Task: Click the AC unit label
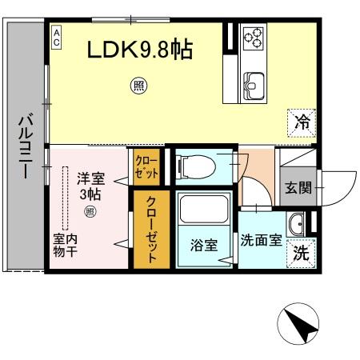[x=57, y=37]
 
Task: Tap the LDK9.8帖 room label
[x=139, y=50]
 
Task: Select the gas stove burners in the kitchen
[x=254, y=37]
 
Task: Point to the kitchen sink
[x=254, y=84]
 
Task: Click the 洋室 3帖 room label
[x=90, y=186]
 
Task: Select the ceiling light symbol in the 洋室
[x=90, y=212]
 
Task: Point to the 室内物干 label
[x=65, y=246]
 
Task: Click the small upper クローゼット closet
[x=146, y=168]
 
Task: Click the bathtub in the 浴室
[x=203, y=211]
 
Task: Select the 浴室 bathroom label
[x=203, y=246]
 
